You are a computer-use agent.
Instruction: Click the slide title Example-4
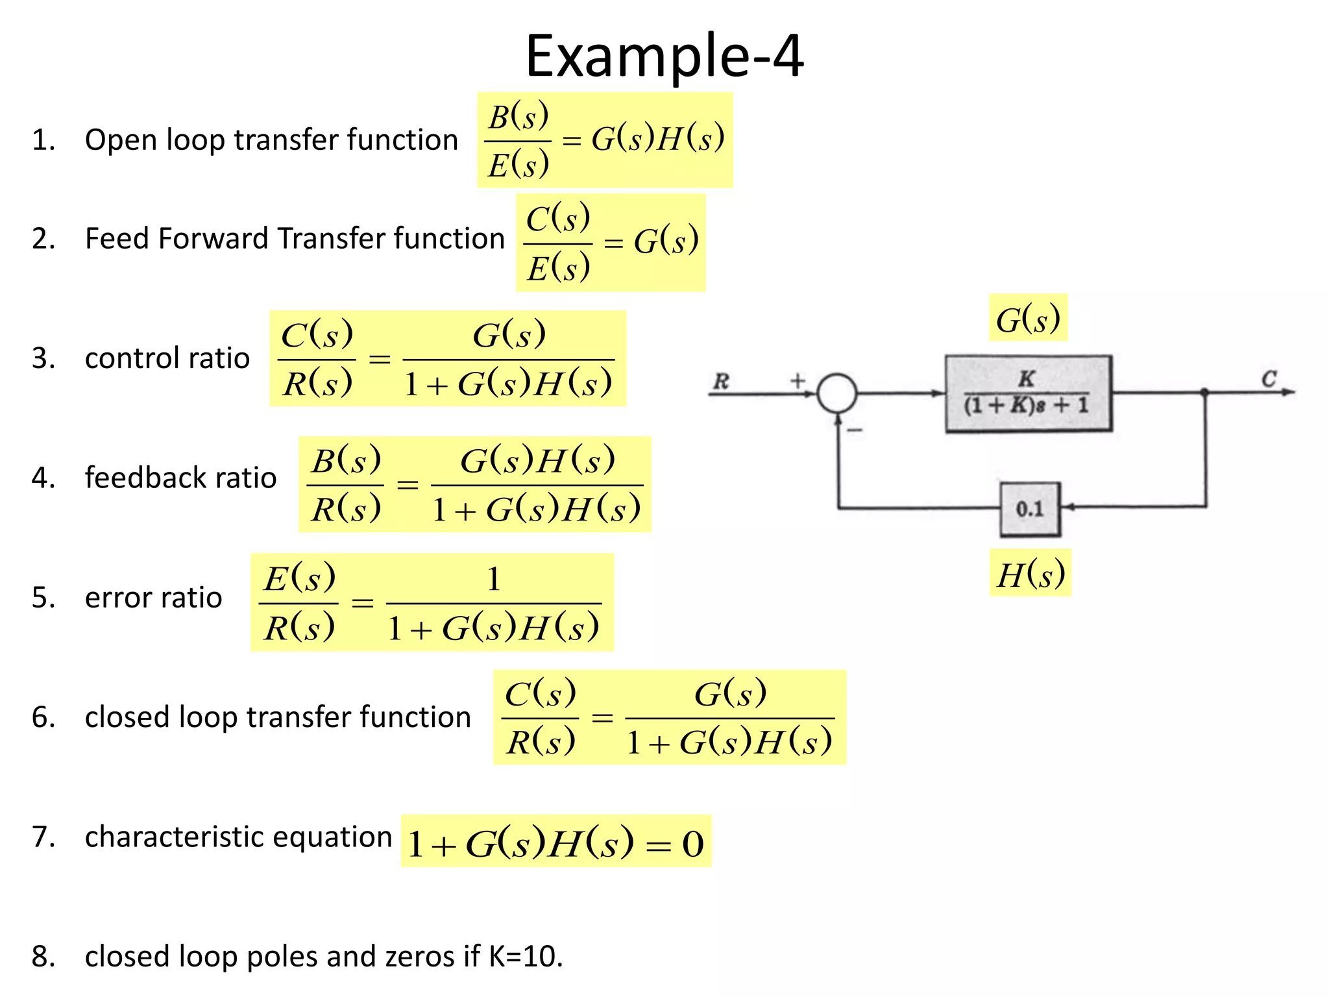tap(664, 56)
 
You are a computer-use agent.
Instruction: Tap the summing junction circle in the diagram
tap(836, 393)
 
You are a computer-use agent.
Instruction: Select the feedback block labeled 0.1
tap(1030, 509)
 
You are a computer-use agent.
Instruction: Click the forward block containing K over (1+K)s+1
tap(1028, 393)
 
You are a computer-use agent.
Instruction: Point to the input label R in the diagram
tap(721, 381)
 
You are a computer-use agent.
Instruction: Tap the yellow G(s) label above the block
tap(1028, 319)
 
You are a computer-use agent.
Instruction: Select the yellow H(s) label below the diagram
tap(1030, 574)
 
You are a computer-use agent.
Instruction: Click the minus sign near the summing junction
tap(856, 430)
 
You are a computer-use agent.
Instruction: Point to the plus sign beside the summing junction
tap(798, 380)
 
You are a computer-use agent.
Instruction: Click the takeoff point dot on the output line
tap(1204, 392)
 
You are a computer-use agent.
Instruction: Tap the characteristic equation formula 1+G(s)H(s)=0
tap(555, 843)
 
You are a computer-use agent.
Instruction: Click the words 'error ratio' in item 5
tap(153, 597)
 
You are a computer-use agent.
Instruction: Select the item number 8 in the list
tap(42, 956)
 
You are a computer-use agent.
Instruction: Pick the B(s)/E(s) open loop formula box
tap(605, 140)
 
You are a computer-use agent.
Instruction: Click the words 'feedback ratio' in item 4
tap(180, 478)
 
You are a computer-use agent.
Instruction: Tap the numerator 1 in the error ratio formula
tap(493, 578)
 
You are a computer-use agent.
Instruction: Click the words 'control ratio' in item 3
tap(167, 358)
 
